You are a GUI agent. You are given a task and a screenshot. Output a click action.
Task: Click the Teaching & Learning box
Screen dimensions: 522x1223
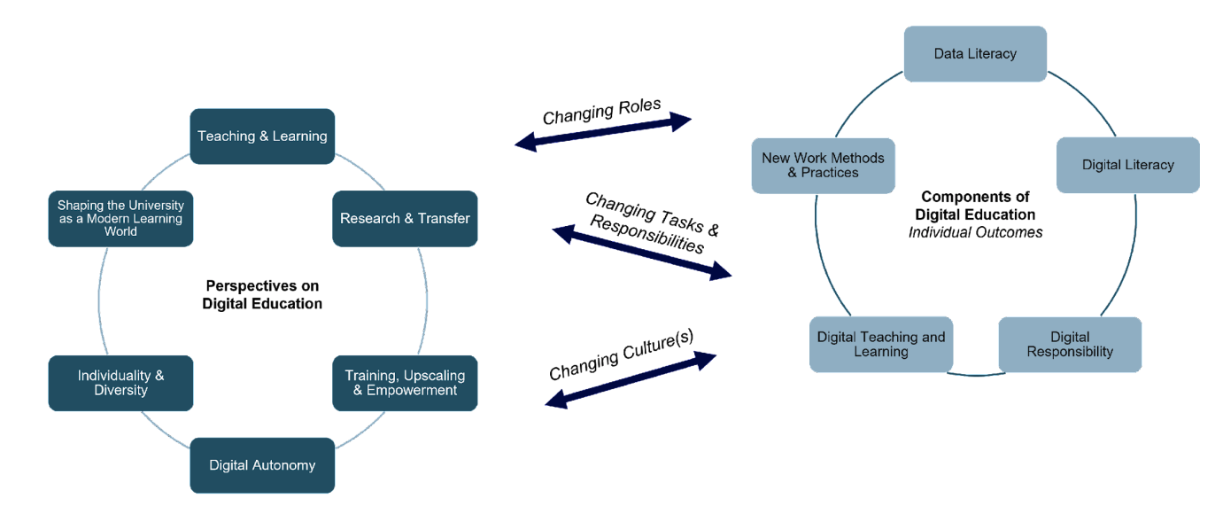coord(262,136)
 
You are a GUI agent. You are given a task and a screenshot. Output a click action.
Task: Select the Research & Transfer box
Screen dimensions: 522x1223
coord(405,219)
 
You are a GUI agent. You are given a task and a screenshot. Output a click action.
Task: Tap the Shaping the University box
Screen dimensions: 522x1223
coord(120,219)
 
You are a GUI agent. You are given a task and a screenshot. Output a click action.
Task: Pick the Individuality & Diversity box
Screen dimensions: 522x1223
coord(120,383)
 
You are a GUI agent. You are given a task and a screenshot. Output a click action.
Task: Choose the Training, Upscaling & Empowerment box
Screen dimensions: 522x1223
coord(405,383)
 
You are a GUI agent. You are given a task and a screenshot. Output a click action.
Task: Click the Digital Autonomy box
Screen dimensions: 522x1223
coord(262,465)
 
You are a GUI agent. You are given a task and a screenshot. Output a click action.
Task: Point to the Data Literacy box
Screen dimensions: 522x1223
coord(975,54)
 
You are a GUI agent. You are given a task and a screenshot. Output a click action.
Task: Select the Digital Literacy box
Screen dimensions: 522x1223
coord(1127,165)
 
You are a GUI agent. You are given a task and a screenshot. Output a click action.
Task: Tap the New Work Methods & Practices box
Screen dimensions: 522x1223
coord(823,166)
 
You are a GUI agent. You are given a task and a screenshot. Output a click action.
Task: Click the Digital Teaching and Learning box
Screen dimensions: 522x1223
coord(881,345)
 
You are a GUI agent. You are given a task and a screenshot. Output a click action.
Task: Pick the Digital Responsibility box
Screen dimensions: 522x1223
coord(1070,345)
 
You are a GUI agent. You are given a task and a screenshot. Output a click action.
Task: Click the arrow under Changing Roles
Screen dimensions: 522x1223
coord(603,132)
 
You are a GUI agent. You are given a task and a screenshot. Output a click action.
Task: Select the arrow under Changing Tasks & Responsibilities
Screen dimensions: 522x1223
coord(642,252)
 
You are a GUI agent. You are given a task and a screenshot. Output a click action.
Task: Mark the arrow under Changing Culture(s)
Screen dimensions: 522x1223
coord(630,379)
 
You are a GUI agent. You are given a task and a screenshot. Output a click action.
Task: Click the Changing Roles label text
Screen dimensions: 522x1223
coord(601,112)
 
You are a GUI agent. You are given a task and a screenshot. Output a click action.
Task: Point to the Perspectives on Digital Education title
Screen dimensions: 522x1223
coord(262,294)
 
